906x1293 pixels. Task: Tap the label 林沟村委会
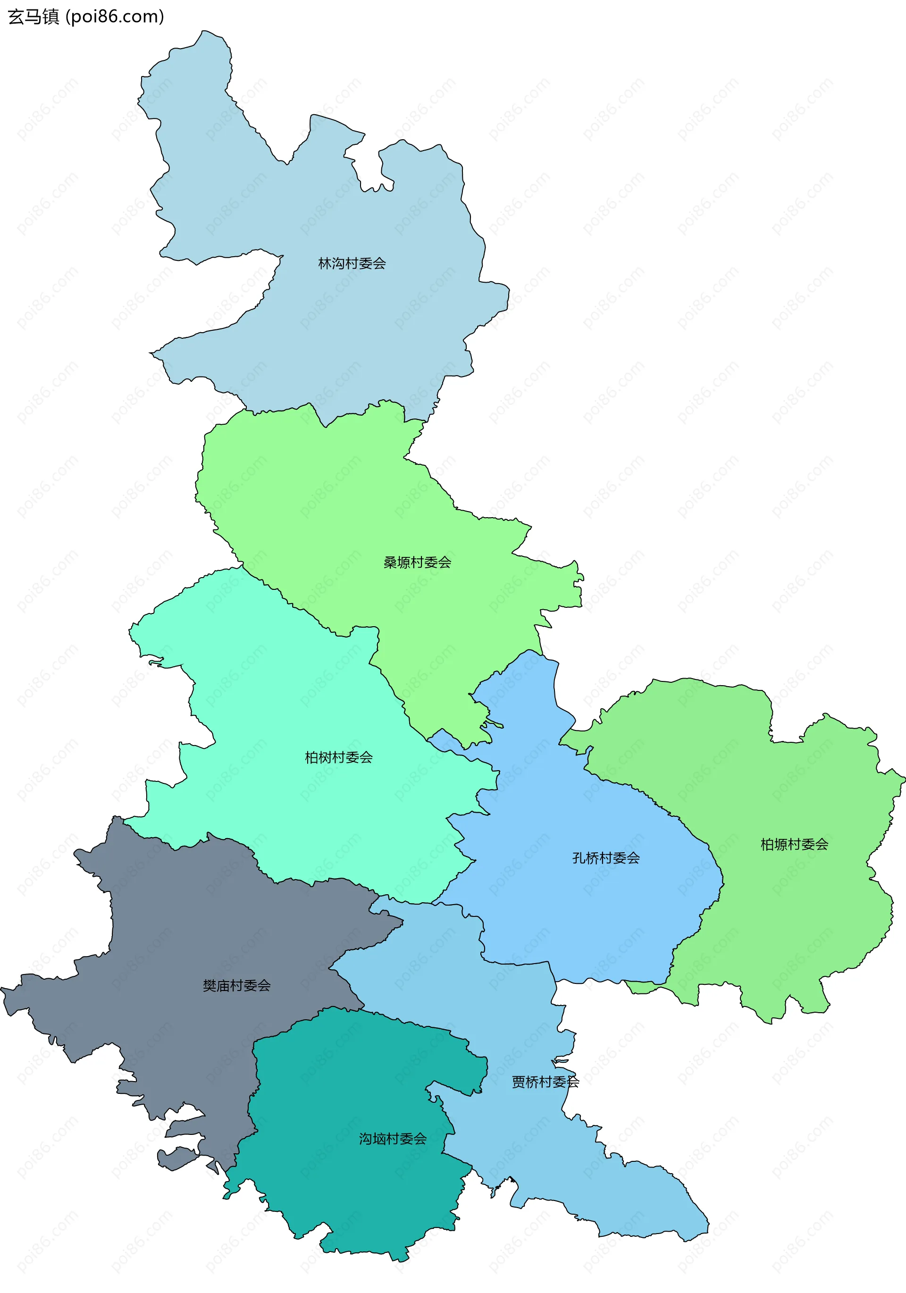352,263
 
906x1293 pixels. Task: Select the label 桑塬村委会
417,562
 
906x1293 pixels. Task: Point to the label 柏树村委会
338,757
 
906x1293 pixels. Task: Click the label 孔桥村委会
606,858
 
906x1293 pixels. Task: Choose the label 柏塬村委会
794,844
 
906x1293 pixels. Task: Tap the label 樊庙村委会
236,985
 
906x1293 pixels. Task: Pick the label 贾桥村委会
545,1081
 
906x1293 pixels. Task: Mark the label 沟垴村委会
393,1139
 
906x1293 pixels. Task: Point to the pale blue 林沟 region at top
366,327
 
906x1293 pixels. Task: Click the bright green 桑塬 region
338,507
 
